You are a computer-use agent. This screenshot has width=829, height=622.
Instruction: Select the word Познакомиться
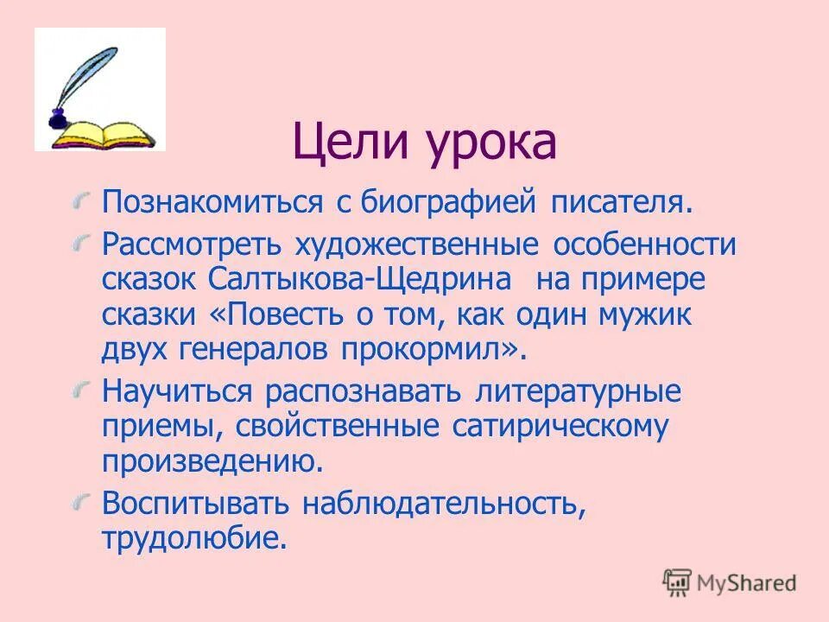(212, 203)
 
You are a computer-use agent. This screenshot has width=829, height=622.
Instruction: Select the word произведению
(212, 461)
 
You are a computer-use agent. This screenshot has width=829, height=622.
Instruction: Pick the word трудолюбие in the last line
(192, 538)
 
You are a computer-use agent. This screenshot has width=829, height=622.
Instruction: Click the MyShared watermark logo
(731, 581)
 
